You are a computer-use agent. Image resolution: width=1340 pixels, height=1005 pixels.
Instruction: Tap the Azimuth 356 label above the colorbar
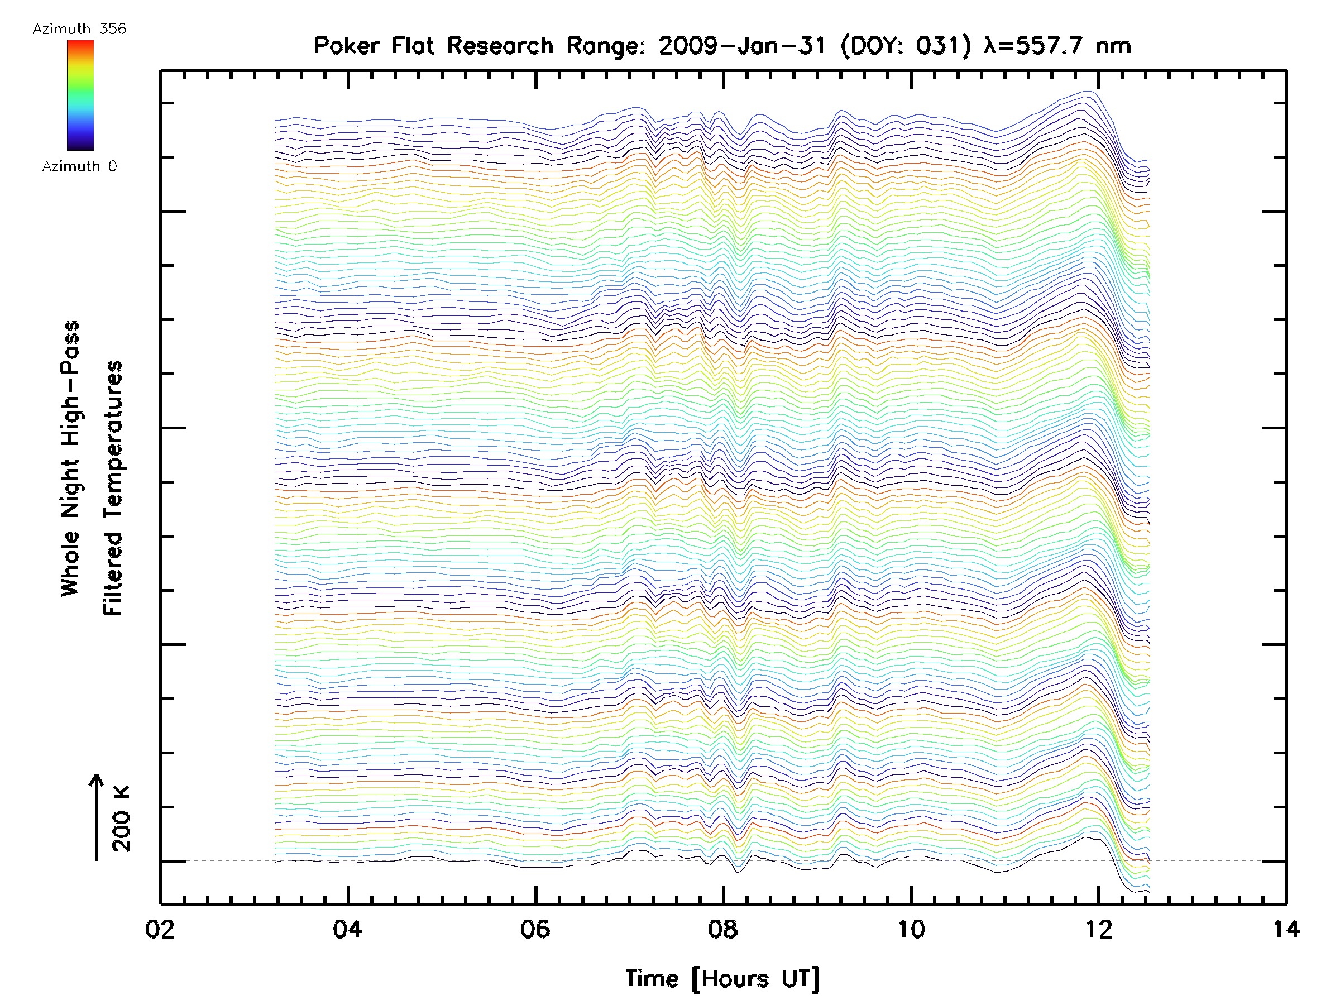[x=79, y=29]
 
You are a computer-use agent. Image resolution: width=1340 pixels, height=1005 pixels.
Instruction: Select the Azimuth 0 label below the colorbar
[x=79, y=166]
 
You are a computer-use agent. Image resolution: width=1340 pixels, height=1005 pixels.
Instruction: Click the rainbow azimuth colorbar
[x=80, y=95]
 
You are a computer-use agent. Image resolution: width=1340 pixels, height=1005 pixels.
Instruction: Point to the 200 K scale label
[x=121, y=819]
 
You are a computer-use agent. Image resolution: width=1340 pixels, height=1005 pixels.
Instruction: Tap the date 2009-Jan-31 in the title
[x=742, y=46]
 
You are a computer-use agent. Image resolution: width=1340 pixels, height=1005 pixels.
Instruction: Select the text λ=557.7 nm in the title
[x=1057, y=46]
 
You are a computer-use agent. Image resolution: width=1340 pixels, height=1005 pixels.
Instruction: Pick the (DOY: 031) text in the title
[x=906, y=46]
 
